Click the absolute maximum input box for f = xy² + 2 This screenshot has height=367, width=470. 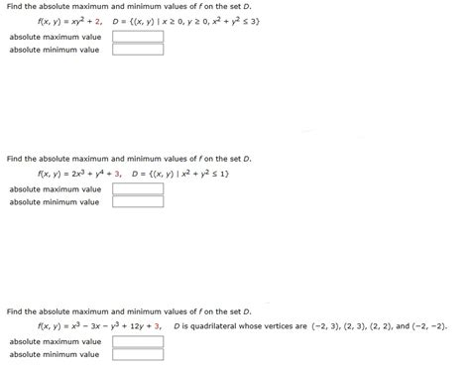137,37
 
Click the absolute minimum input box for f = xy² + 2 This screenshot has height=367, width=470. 137,49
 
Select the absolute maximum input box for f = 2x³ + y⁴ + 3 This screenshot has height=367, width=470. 137,189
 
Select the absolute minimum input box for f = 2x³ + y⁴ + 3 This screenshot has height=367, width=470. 137,202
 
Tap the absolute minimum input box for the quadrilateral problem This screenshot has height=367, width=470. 137,354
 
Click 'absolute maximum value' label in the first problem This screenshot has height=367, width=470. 55,37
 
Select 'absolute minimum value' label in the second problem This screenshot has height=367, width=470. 55,202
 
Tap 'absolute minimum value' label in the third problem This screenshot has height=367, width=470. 55,354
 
